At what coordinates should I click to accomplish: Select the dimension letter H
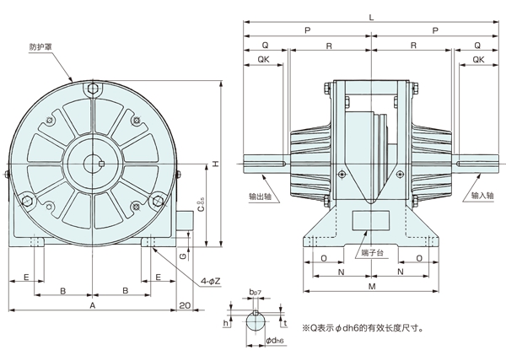coord(217,164)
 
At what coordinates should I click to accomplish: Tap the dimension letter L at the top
coord(370,17)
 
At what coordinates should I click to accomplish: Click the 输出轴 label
coord(261,195)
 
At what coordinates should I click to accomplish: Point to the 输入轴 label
coord(481,195)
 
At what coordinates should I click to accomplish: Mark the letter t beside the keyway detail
coord(286,322)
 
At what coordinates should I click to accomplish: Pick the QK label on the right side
coord(478,60)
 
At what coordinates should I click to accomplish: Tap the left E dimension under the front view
coord(26,277)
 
